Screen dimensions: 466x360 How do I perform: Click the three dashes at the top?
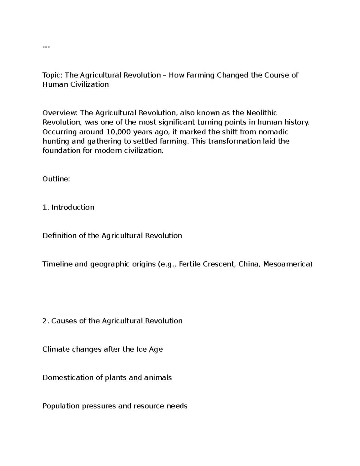tap(46, 47)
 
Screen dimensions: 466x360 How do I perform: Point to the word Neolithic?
tap(261, 113)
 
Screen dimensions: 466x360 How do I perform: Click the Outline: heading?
tap(56, 179)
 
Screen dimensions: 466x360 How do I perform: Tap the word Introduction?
tap(73, 207)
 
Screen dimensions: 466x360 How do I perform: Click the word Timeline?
tap(57, 264)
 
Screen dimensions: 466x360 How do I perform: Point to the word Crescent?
tap(218, 264)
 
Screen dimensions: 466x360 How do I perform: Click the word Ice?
tap(141, 349)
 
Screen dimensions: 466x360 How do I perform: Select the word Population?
tap(61, 406)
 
